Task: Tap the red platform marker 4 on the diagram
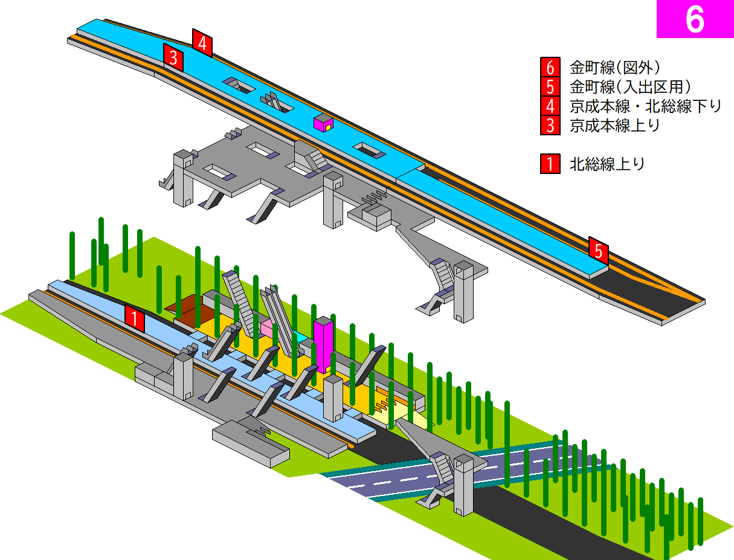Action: coord(202,43)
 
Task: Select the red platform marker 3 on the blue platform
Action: coord(173,57)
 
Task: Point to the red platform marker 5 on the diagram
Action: coord(599,251)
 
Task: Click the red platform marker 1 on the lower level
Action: coord(135,318)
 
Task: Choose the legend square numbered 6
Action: coord(550,67)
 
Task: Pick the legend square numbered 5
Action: coord(550,86)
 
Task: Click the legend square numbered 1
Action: coord(550,164)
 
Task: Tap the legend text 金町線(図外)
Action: coord(614,67)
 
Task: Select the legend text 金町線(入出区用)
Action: coord(630,86)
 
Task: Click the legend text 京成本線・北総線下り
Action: coord(645,106)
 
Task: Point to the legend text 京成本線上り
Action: coord(614,126)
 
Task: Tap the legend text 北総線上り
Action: coord(607,164)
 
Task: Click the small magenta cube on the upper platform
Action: coord(323,123)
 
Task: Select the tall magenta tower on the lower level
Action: coord(323,344)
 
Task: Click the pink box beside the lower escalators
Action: coord(267,327)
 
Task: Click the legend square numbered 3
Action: coord(550,125)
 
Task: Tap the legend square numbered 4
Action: coord(550,106)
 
